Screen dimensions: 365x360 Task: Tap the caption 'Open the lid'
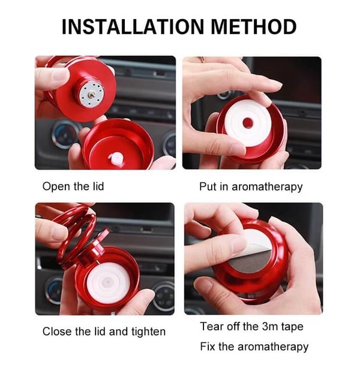[73, 186]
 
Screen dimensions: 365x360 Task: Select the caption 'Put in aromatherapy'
[251, 186]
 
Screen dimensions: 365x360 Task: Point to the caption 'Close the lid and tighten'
[103, 331]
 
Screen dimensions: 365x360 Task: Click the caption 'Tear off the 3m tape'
[251, 327]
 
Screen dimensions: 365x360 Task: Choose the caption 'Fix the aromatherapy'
[254, 346]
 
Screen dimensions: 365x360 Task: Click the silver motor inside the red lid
[91, 94]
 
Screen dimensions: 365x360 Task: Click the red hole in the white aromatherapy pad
[247, 123]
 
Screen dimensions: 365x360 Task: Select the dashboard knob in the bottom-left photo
[53, 288]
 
